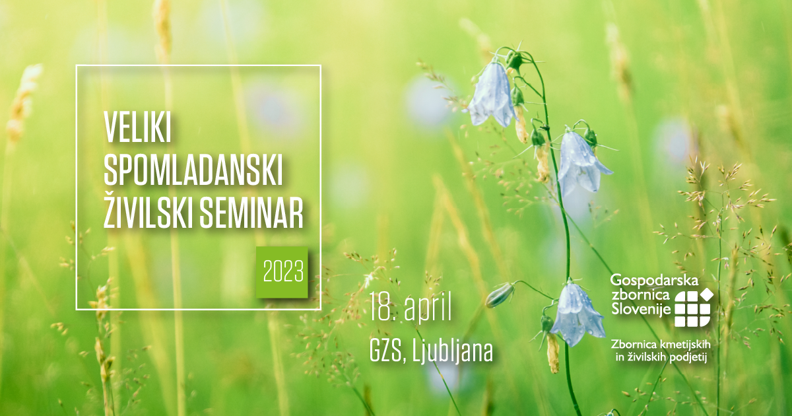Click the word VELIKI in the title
tap(137, 127)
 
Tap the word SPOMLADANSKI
tap(193, 171)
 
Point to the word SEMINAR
tap(251, 214)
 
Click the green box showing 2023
tap(282, 272)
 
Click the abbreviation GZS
tap(383, 351)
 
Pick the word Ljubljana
tap(448, 351)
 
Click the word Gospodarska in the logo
tap(654, 281)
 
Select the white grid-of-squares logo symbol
tap(692, 309)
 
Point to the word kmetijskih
tap(684, 344)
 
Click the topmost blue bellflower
tap(492, 95)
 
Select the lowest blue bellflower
tap(577, 315)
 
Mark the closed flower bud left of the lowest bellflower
tap(500, 295)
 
